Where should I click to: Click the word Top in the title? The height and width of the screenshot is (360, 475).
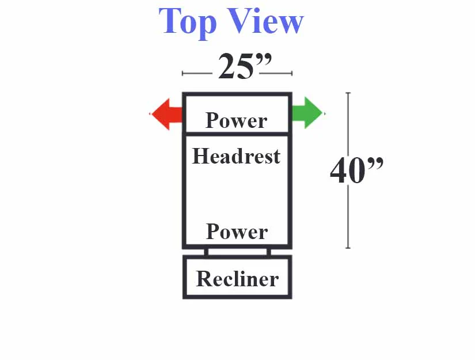pos(188,22)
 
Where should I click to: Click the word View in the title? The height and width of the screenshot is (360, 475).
pos(265,21)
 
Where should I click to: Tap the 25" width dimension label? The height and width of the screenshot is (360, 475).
pos(245,66)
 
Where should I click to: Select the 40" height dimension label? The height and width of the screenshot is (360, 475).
pos(356,170)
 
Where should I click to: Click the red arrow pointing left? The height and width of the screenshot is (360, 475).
pos(166,114)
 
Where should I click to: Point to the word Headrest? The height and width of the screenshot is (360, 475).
pos(236,156)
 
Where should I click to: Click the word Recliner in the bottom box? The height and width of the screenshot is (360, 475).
pos(237,278)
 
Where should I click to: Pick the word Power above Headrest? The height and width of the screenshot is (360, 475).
pos(236,120)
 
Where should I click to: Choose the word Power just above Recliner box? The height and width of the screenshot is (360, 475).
pos(237,232)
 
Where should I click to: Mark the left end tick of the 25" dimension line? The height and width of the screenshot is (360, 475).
pos(183,73)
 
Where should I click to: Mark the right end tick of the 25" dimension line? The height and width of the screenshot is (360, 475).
pos(292,73)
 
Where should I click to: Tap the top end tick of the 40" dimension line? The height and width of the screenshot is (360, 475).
pos(348,93)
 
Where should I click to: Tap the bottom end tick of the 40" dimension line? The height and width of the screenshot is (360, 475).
pos(348,248)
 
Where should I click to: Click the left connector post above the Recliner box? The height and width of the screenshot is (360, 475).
pos(206,252)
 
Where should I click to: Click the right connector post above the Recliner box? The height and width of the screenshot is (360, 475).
pos(269,252)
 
